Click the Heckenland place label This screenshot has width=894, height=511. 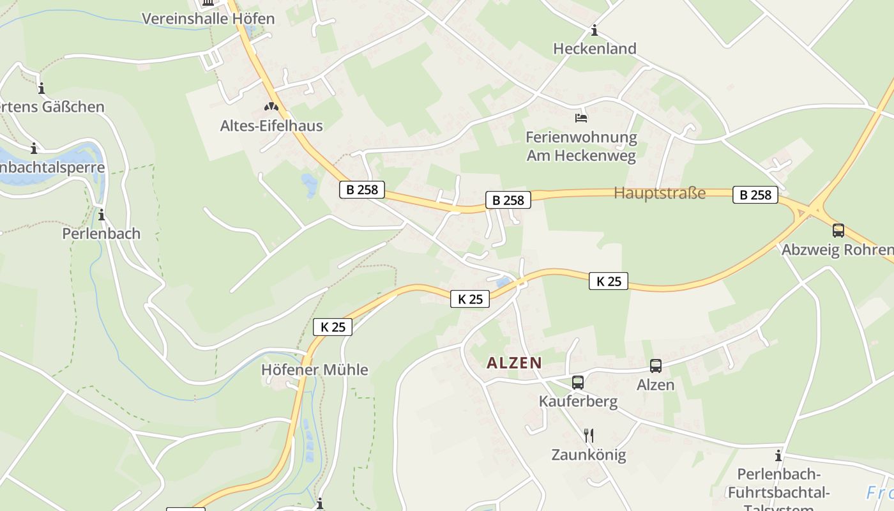[595, 49]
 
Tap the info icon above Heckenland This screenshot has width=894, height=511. [595, 30]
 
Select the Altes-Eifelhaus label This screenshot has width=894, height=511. [271, 126]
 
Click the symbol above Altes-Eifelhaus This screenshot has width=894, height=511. [271, 107]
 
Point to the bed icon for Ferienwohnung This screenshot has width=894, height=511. [581, 118]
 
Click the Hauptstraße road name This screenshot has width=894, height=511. [660, 193]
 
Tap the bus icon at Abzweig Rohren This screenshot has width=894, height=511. [838, 231]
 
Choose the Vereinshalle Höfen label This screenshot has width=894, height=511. [208, 19]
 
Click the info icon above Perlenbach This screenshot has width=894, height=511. [101, 215]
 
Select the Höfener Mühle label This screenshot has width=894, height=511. [315, 370]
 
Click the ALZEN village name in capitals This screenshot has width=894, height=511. [514, 363]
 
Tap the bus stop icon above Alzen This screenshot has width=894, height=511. [656, 366]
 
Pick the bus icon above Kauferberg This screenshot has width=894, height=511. [578, 383]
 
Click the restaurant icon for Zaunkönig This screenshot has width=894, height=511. [589, 436]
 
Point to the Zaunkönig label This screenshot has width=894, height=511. [589, 455]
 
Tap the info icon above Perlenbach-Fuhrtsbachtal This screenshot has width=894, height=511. [778, 455]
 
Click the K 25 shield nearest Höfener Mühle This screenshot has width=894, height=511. [333, 327]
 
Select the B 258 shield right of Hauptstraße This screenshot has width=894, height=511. [755, 195]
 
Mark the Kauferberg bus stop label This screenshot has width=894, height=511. [578, 402]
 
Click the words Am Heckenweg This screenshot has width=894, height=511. [581, 156]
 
